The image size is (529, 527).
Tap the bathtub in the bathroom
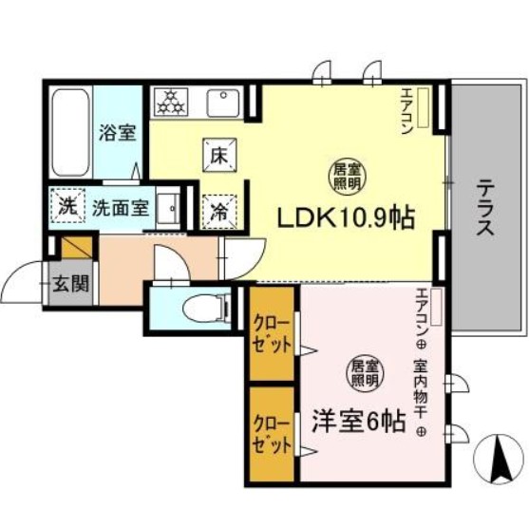click(x=68, y=130)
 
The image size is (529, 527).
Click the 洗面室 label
click(x=120, y=205)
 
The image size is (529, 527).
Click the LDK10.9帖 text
click(x=345, y=217)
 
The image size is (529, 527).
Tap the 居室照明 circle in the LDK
click(x=344, y=172)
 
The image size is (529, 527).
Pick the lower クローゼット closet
click(x=271, y=431)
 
